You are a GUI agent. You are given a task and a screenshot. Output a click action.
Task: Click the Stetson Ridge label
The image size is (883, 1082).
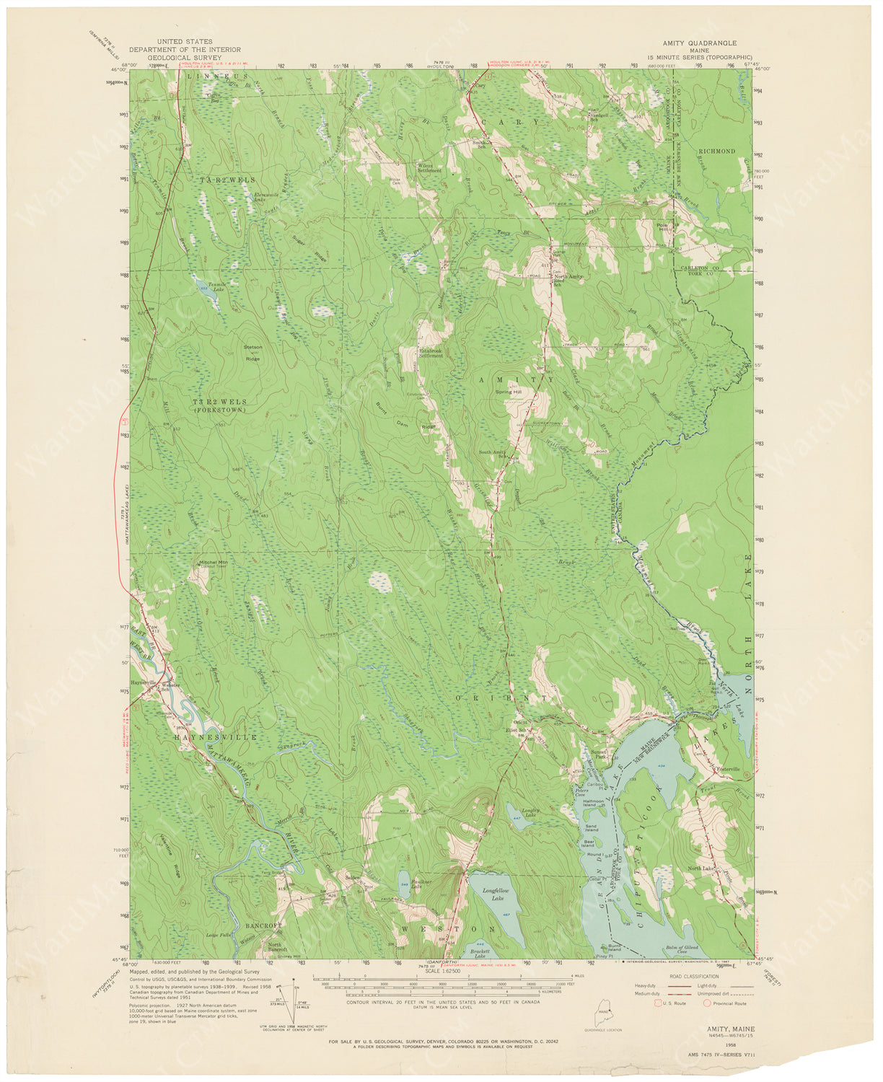coord(252,352)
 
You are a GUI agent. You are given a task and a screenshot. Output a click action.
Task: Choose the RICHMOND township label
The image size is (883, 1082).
coord(716,151)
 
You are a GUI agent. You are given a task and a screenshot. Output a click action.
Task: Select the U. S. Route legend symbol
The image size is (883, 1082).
coord(657,1003)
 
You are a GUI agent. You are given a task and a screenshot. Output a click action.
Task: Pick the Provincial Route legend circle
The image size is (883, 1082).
coord(708,1003)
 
